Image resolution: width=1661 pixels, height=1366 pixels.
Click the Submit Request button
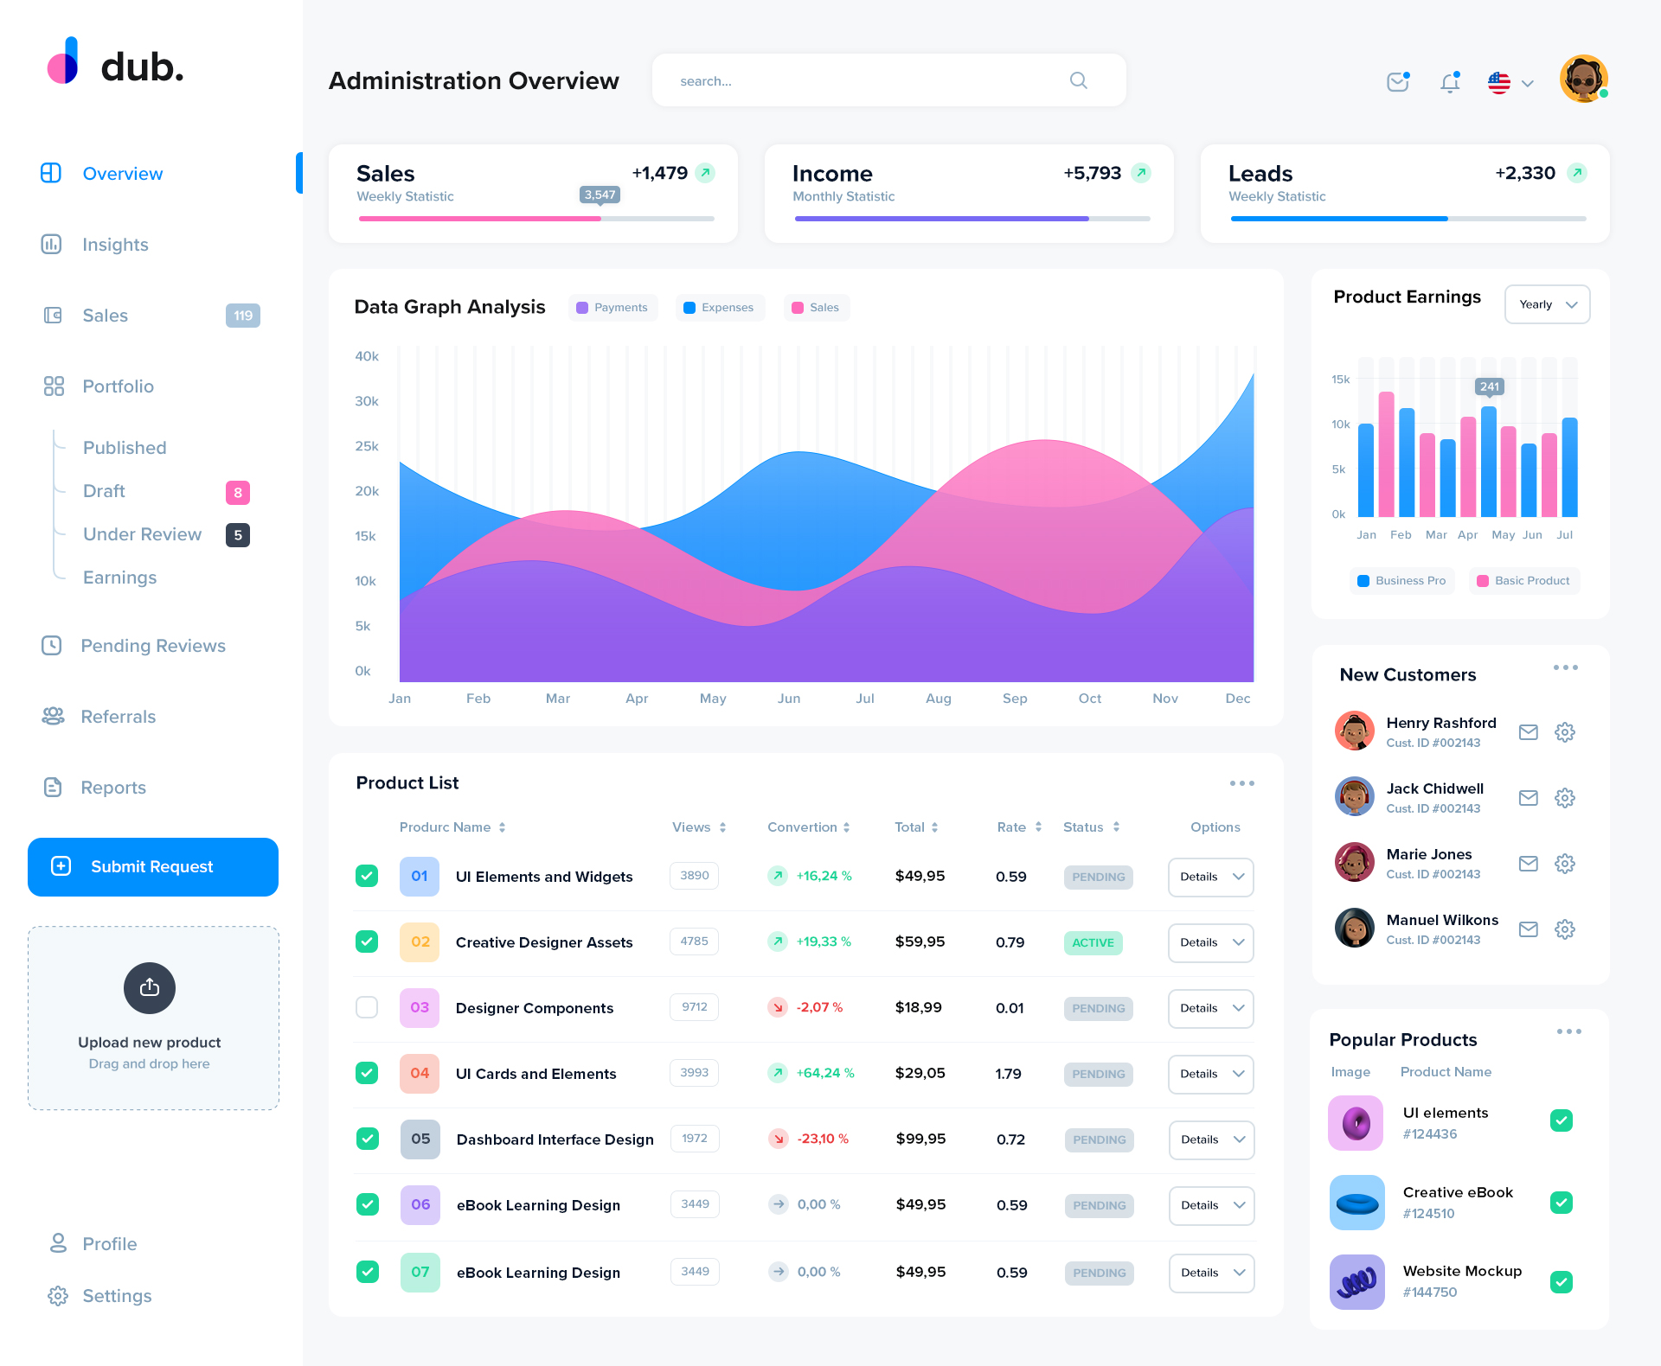click(x=153, y=866)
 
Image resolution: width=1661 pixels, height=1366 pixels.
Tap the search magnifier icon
click(x=1078, y=80)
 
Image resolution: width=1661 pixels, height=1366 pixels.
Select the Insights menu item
click(x=115, y=245)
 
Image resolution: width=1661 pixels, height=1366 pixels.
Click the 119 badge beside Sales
click(x=243, y=316)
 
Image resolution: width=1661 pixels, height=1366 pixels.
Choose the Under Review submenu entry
click(x=142, y=534)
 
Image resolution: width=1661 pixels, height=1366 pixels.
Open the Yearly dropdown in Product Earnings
click(x=1547, y=304)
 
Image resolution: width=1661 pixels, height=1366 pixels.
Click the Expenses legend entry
click(x=719, y=308)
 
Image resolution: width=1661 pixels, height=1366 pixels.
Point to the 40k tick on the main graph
click(x=367, y=356)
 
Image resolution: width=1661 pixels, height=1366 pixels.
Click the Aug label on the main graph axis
click(x=938, y=699)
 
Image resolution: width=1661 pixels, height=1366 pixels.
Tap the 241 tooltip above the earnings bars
click(x=1489, y=386)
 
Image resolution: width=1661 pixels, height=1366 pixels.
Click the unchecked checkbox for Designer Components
click(x=367, y=1007)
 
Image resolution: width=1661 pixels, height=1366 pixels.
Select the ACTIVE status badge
click(x=1093, y=942)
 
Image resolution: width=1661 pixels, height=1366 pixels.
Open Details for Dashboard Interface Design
click(x=1211, y=1139)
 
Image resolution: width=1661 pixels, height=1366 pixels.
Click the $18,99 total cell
click(x=918, y=1007)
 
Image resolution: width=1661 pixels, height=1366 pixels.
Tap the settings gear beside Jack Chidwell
click(x=1564, y=798)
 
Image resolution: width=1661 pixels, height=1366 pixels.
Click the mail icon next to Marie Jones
click(x=1528, y=864)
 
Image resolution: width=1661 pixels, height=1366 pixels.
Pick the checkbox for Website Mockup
click(x=1561, y=1281)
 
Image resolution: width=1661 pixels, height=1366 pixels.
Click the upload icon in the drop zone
click(x=150, y=987)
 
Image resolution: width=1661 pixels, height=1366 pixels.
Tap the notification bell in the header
click(x=1450, y=82)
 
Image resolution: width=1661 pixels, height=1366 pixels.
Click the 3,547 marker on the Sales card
click(x=600, y=195)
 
